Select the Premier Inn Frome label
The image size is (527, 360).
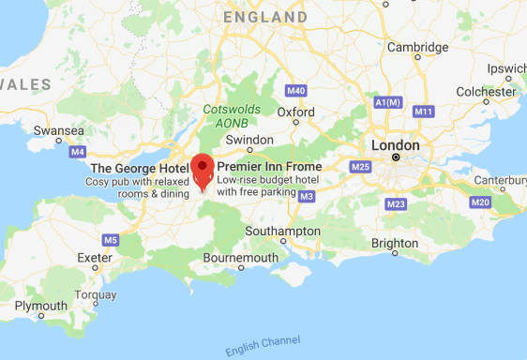pyautogui.click(x=269, y=167)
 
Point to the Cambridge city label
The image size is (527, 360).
pyautogui.click(x=417, y=47)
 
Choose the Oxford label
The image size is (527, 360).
pyautogui.click(x=295, y=111)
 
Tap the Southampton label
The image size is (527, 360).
pyautogui.click(x=282, y=231)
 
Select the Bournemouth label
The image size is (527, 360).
pyautogui.click(x=240, y=257)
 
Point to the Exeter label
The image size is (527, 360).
pyautogui.click(x=95, y=257)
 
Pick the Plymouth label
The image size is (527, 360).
pyautogui.click(x=40, y=306)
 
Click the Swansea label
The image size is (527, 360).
pyautogui.click(x=58, y=130)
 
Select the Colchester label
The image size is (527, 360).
pyautogui.click(x=487, y=91)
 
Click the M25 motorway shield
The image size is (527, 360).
pyautogui.click(x=360, y=167)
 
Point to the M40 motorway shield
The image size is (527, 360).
pyautogui.click(x=296, y=91)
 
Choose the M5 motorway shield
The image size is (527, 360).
pyautogui.click(x=111, y=240)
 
